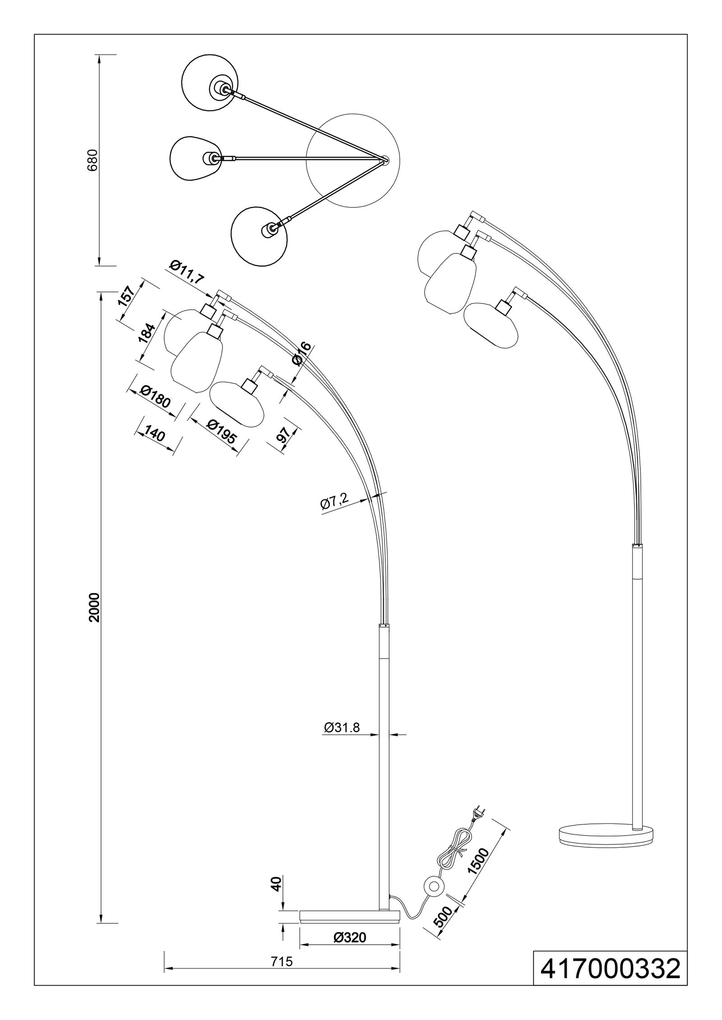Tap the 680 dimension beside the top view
point(93,160)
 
